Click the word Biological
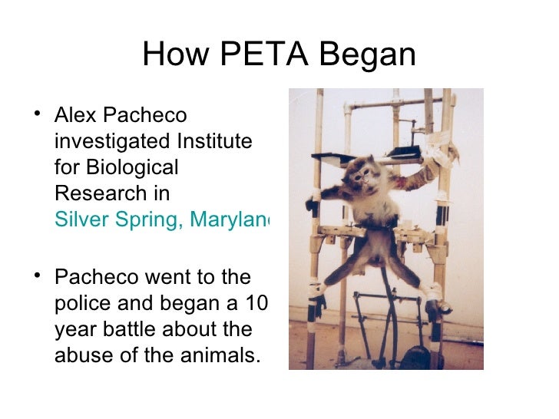point(135,167)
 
